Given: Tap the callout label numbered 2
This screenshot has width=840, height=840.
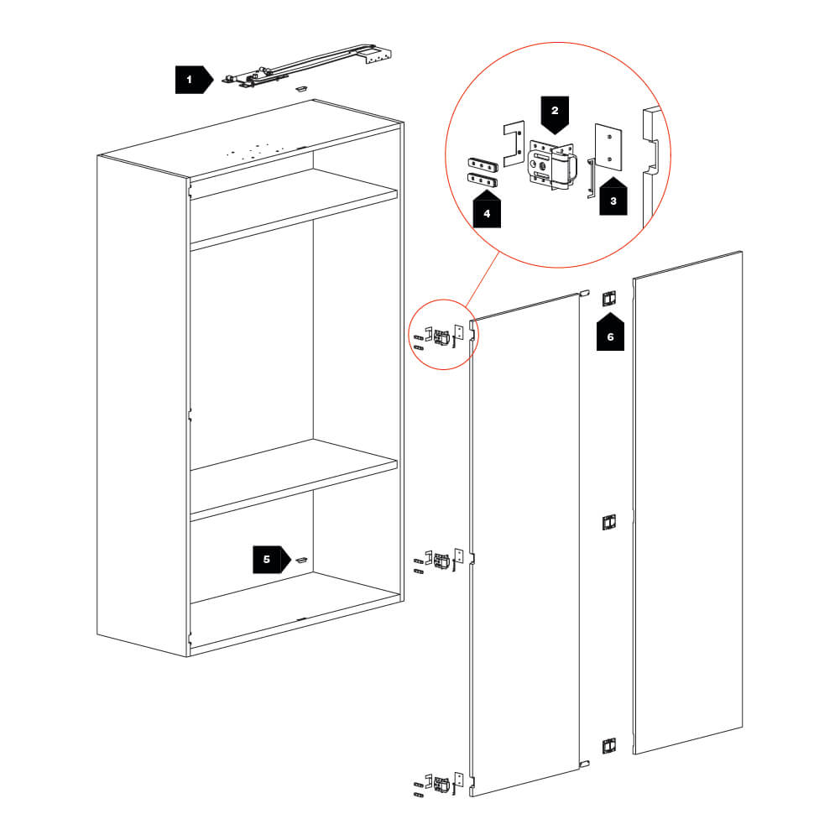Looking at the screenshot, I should [x=555, y=115].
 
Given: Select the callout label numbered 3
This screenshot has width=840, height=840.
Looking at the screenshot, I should [x=613, y=197].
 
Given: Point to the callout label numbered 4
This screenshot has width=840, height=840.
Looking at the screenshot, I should [x=487, y=210].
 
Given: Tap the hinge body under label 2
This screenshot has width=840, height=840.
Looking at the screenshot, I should [x=552, y=164].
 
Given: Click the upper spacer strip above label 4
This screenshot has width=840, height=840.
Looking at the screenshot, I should [x=483, y=162].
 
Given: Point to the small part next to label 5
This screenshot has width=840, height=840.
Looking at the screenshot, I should [x=302, y=559].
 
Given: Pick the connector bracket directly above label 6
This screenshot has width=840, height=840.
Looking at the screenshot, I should [x=610, y=298].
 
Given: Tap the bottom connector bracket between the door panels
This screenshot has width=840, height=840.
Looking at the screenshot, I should [x=610, y=744].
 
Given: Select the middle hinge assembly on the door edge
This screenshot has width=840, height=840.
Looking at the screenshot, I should [x=441, y=558].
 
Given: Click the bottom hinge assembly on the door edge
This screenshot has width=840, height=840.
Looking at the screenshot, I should [x=441, y=784].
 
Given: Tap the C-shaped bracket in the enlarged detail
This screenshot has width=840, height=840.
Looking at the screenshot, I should [x=513, y=143].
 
